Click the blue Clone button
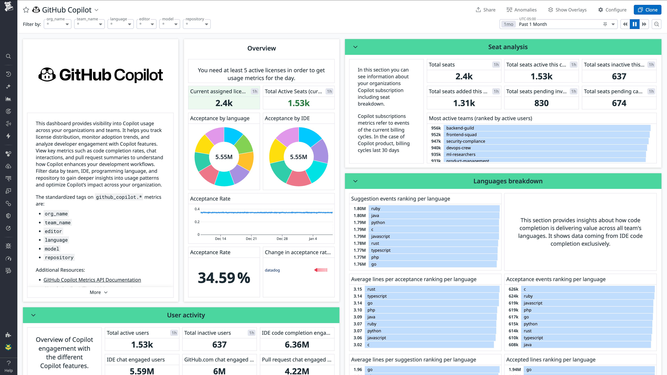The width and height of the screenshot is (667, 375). [647, 10]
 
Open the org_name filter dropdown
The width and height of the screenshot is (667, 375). [57, 24]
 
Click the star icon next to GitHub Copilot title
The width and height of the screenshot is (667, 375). [26, 10]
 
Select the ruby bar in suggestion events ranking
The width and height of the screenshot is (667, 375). [434, 209]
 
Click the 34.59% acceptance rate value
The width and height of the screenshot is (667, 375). [224, 278]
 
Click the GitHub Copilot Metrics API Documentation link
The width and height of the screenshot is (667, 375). [92, 280]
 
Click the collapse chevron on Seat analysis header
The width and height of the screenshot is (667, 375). [355, 47]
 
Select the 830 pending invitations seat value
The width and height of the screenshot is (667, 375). [541, 103]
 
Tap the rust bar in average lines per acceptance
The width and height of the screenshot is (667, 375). [432, 289]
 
